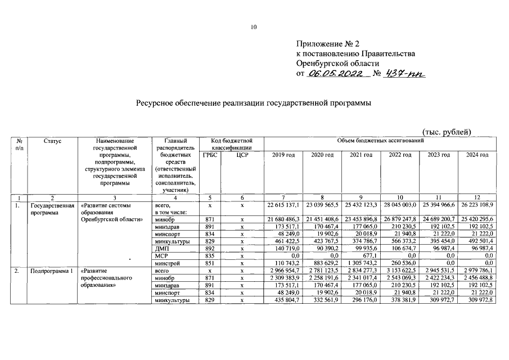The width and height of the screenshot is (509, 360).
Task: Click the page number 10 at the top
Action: click(x=254, y=27)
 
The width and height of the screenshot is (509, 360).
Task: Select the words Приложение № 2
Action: click(x=327, y=43)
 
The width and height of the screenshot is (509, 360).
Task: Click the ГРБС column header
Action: click(x=210, y=155)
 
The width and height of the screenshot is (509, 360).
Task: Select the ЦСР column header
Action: click(x=242, y=155)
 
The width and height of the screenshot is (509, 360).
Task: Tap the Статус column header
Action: click(x=52, y=140)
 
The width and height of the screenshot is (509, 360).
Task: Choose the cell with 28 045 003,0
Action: click(x=399, y=206)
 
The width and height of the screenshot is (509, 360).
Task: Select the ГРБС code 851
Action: click(x=209, y=262)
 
